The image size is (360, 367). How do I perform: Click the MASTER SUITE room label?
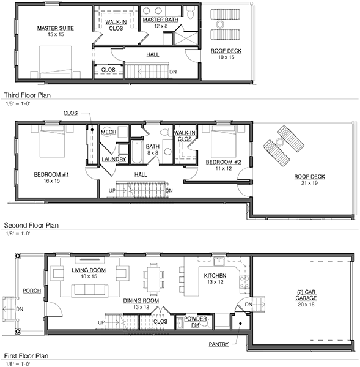tap(56, 28)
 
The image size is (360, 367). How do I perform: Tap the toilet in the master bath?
tap(190, 12)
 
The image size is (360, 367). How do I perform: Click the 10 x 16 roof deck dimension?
tap(226, 57)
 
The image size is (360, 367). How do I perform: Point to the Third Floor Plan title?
tap(28, 95)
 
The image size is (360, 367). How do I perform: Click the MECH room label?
tap(109, 132)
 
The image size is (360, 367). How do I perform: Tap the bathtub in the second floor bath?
tap(137, 152)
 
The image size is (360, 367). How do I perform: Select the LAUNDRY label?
tap(114, 160)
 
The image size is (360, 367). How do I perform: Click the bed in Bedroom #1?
tap(52, 141)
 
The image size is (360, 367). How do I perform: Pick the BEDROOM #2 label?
tap(223, 162)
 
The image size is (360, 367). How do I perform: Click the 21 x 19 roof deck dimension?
tap(309, 183)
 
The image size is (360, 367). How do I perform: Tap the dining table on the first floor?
tap(153, 280)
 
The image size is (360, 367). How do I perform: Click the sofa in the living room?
tap(90, 291)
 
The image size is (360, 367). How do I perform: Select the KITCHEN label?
tap(215, 276)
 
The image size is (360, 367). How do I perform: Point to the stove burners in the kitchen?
tap(244, 282)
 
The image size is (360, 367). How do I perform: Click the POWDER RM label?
tap(196, 322)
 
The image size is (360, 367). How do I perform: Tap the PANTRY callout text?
tap(218, 344)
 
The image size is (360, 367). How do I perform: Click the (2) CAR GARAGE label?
tap(306, 295)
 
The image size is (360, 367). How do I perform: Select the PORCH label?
tap(32, 291)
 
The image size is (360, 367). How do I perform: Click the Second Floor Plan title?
tap(31, 225)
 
